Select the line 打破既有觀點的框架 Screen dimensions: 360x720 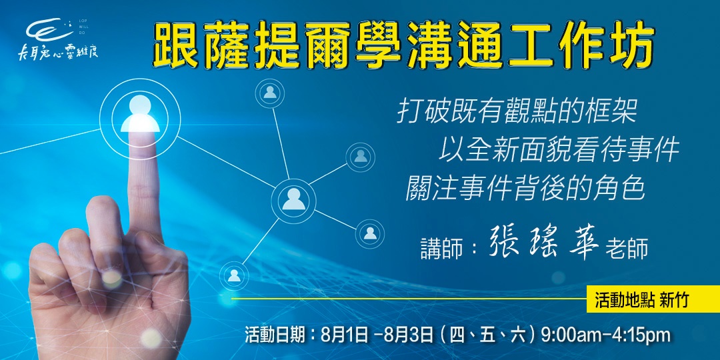tap(517, 112)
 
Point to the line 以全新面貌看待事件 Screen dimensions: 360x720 tap(559, 149)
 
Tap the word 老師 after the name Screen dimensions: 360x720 tap(627, 249)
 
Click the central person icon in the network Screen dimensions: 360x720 tap(293, 198)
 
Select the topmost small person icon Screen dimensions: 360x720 tap(270, 92)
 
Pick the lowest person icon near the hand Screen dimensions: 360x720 tap(234, 274)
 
